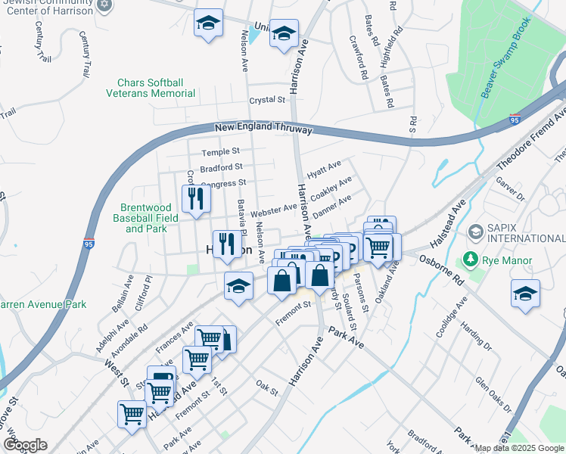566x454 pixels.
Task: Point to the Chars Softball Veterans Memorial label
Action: point(156,88)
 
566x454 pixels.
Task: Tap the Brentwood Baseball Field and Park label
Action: point(149,217)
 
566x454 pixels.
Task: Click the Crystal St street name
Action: point(267,100)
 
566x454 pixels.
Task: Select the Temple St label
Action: point(220,152)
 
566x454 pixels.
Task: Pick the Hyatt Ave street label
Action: point(324,168)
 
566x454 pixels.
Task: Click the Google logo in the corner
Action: point(24,445)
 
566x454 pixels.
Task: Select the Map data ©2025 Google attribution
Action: point(519,448)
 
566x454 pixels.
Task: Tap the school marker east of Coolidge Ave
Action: point(525,294)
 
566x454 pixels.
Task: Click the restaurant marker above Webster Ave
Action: point(196,199)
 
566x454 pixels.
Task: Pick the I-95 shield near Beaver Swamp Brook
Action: point(515,119)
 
